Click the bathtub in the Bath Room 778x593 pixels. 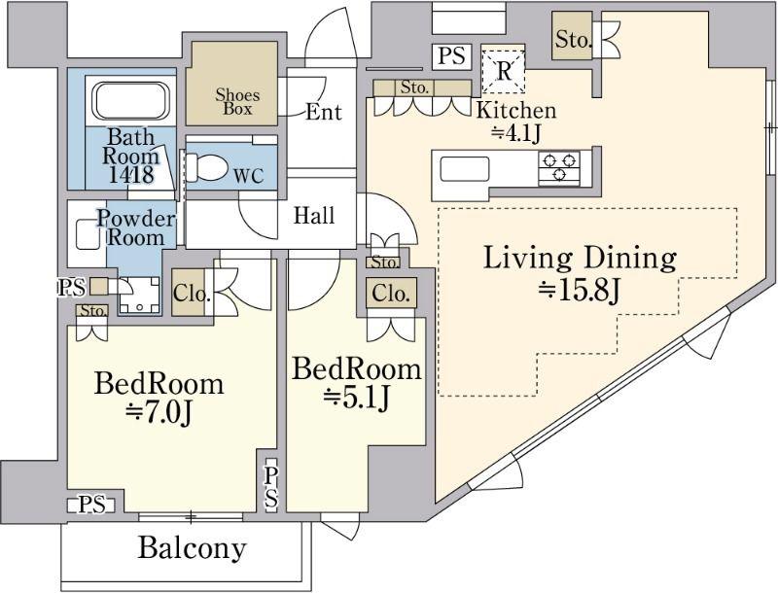[130, 101]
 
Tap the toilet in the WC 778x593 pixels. [205, 167]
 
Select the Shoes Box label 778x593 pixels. [237, 102]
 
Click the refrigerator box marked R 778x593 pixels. [503, 71]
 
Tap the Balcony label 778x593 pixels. [192, 549]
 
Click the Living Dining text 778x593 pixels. [580, 259]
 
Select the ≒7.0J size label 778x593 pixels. [159, 412]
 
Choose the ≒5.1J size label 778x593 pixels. [356, 398]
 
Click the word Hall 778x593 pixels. [313, 216]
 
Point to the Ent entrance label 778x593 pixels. [324, 112]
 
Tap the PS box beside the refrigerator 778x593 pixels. [451, 56]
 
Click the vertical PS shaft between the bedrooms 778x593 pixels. [271, 488]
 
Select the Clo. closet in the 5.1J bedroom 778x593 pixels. [391, 294]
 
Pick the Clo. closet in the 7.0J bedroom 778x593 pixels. [189, 293]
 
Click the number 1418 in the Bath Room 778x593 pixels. [130, 174]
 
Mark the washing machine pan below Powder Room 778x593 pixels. [139, 295]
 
